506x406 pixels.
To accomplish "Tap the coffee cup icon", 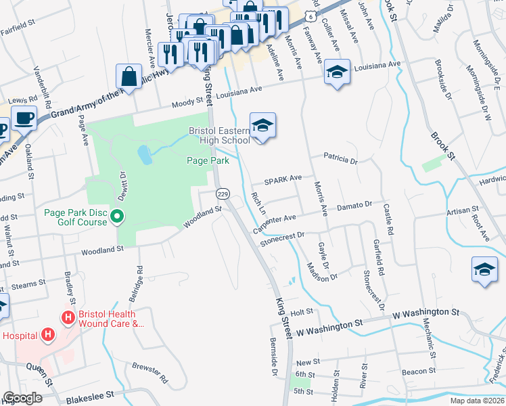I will (x=24, y=118).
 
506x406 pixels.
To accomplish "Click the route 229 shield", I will (x=221, y=194).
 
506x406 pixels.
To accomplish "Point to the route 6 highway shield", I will (x=309, y=14).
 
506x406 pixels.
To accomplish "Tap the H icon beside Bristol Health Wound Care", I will (x=67, y=317).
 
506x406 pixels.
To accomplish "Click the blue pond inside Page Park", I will (x=145, y=155).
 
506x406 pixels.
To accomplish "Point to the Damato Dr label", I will (x=355, y=204).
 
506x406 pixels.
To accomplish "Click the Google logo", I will (x=23, y=398).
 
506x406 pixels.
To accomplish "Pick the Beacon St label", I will (x=418, y=371).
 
